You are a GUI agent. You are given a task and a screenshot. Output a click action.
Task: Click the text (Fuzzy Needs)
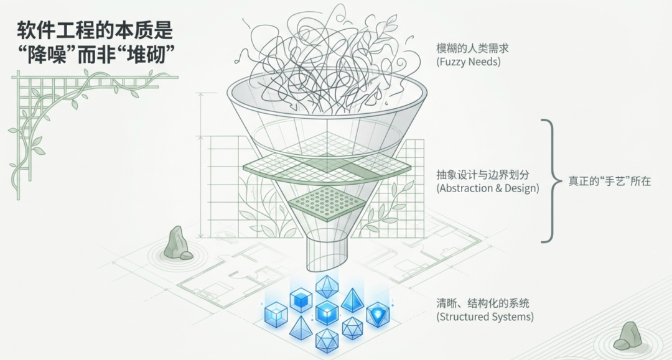(470, 62)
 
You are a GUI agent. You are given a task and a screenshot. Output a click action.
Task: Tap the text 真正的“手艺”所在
(609, 182)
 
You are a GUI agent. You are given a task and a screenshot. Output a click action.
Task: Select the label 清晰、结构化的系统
(483, 303)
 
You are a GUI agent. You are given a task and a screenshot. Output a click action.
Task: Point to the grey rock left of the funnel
(176, 243)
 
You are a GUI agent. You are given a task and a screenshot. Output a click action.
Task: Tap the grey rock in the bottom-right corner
(627, 336)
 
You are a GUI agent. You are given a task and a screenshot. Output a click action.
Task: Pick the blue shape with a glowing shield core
(377, 314)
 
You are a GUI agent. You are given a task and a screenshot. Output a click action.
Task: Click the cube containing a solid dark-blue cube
(301, 300)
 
